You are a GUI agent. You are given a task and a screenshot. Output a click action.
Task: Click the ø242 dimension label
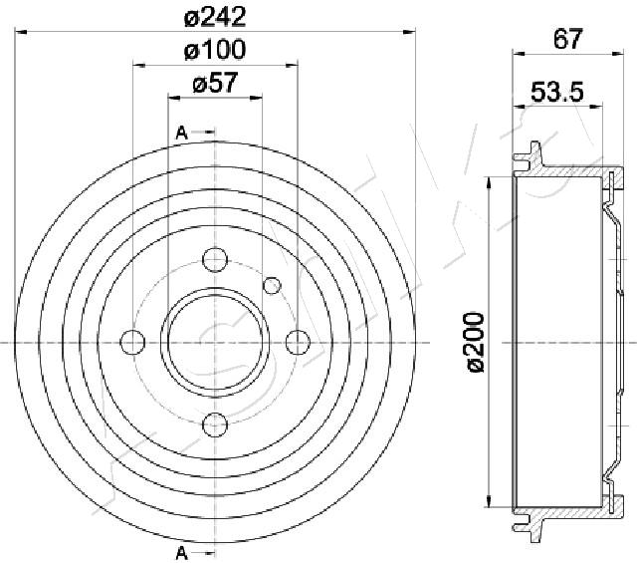click(215, 18)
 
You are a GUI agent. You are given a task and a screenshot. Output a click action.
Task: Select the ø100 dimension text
click(215, 50)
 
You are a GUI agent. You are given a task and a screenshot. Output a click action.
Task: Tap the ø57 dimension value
click(215, 83)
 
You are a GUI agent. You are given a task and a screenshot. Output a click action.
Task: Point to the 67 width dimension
click(568, 39)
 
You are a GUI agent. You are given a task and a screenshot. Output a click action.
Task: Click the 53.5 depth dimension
click(557, 92)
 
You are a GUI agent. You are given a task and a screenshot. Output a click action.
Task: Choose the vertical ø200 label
click(476, 342)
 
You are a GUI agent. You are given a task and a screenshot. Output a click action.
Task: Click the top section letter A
click(181, 133)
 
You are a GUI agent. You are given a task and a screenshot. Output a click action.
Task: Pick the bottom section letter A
click(181, 553)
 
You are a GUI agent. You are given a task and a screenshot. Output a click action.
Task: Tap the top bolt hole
click(215, 259)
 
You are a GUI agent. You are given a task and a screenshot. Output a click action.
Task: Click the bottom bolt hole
click(215, 425)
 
